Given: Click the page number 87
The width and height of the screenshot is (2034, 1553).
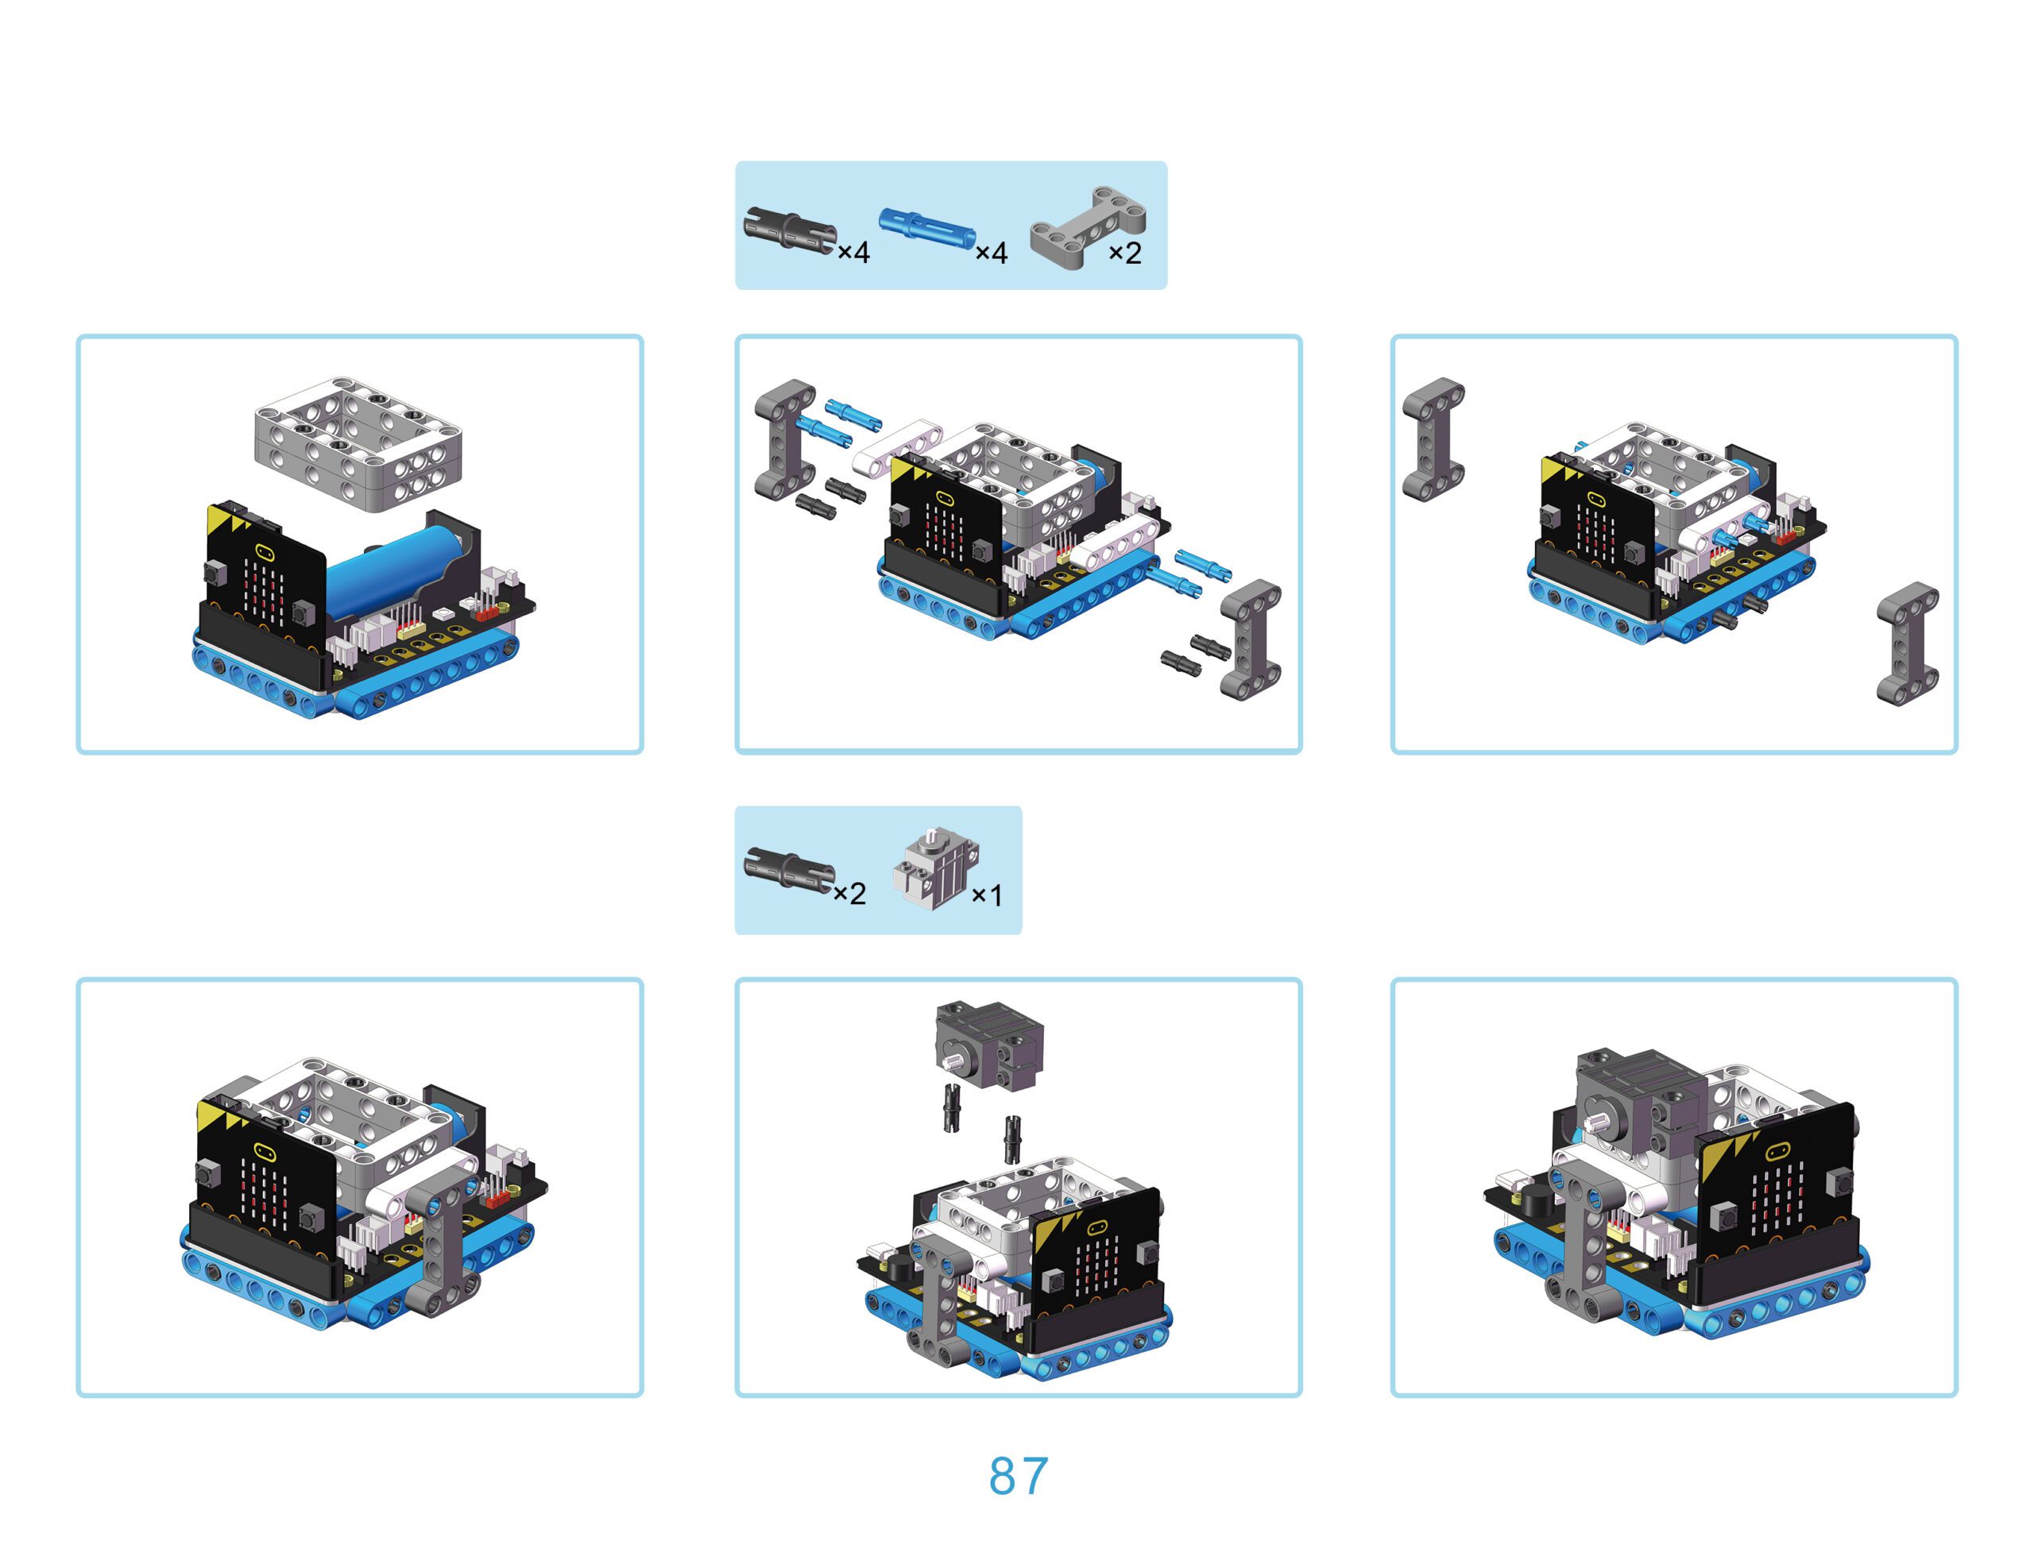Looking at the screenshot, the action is click(1018, 1476).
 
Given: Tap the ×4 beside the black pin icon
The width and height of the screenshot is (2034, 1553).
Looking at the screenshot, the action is click(853, 253).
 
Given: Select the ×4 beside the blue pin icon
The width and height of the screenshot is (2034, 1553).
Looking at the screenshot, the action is click(991, 253).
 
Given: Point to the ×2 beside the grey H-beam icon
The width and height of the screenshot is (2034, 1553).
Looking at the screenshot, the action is click(1125, 253).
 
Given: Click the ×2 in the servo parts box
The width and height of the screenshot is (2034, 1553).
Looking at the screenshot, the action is click(849, 894).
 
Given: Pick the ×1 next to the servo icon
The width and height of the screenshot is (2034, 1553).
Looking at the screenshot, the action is click(987, 894).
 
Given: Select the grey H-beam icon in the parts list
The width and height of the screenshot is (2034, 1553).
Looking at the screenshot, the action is click(1089, 227).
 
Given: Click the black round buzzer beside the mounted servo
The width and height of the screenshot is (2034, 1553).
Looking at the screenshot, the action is click(1537, 1203).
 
